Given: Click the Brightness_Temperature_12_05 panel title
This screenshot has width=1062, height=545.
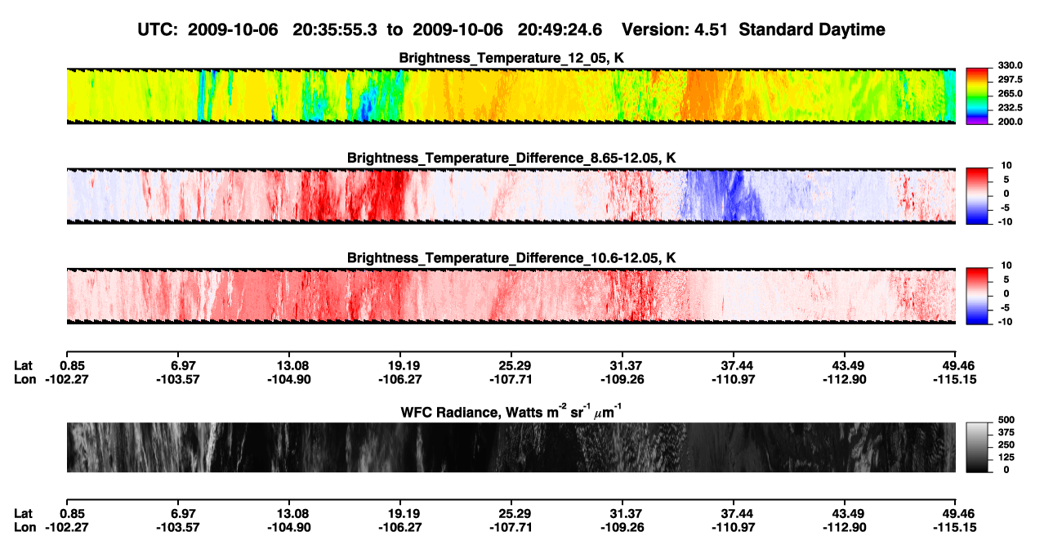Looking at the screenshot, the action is pos(511,58).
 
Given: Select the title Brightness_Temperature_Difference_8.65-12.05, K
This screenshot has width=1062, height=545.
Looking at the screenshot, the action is pos(511,158).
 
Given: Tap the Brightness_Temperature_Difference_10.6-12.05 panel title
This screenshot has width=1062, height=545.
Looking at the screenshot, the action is pos(511,258).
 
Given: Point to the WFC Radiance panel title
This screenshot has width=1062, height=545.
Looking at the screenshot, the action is pos(511,412).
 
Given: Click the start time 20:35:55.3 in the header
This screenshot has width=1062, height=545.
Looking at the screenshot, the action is pos(335,29).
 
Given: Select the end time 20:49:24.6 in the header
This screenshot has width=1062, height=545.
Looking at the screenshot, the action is pos(560,29).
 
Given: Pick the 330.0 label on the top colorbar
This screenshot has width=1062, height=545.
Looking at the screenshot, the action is pos(1010,65).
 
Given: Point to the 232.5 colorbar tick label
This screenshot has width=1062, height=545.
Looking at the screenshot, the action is pos(1010,108).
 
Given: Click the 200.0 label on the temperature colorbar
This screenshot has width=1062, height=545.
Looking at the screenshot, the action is pos(1010,122).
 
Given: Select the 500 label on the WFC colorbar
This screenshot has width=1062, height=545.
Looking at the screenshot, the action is pos(1006,420).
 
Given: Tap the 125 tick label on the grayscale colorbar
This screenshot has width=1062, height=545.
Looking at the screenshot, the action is pos(1006,458).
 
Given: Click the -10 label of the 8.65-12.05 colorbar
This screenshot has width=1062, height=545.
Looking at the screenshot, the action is pos(1005,222).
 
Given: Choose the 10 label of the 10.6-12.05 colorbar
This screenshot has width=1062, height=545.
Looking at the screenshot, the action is pos(1006,266).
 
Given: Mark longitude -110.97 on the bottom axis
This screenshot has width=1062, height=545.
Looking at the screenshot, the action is pos(733,528).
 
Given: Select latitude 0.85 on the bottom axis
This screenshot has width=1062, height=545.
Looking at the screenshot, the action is pos(72,514).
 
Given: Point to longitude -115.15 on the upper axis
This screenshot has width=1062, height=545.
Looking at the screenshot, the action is pos(955,379).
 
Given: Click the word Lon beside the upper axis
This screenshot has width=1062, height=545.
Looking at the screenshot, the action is pos(25,379).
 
